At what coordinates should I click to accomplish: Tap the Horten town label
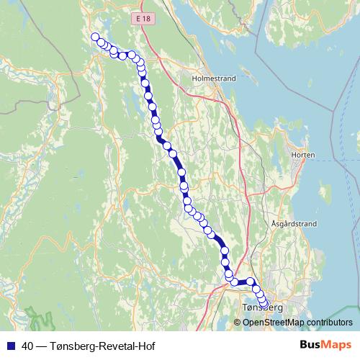pyautogui.click(x=303, y=155)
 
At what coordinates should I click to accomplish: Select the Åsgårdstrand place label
pyautogui.click(x=294, y=224)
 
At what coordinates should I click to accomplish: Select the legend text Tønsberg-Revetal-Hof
pyautogui.click(x=102, y=346)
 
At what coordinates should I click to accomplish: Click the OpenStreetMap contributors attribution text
pyautogui.click(x=297, y=322)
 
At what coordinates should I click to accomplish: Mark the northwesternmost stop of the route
pyautogui.click(x=95, y=37)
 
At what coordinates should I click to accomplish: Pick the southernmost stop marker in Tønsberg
pyautogui.click(x=264, y=304)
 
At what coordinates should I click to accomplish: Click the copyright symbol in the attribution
pyautogui.click(x=238, y=322)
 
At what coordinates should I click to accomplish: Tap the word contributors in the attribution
pyautogui.click(x=330, y=322)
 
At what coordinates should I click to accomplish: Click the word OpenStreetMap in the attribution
pyautogui.click(x=273, y=322)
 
